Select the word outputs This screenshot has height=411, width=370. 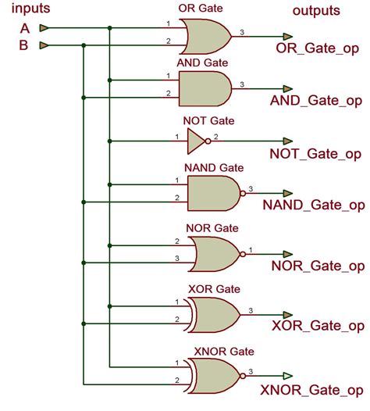pos(316,10)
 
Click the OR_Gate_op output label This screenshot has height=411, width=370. pos(319,49)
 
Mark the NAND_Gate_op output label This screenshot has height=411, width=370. pos(314,205)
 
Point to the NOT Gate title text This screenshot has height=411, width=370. pos(208,121)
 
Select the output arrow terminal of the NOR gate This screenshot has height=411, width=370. pos(286,252)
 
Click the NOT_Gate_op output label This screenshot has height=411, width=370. pos(316,154)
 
